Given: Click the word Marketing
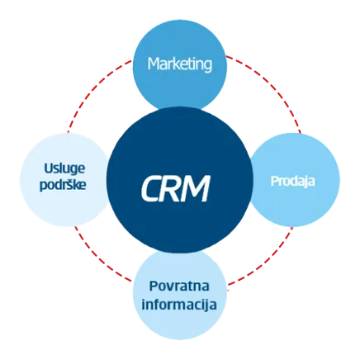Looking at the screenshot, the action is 180,64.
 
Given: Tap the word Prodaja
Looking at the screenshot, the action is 293,181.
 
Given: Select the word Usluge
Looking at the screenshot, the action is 64,168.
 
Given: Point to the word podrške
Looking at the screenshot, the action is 63,184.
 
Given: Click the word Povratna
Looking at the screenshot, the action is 179,287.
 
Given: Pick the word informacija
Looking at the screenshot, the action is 179,305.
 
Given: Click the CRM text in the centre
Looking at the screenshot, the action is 176,189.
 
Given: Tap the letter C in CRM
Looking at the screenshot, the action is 152,189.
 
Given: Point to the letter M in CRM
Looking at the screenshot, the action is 195,189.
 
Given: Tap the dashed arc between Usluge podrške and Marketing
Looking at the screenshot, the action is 92,88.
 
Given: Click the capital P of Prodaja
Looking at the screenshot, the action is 275,181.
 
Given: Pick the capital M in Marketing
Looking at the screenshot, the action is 154,64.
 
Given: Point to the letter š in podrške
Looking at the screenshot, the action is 68,184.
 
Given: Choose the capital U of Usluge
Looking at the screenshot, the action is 49,168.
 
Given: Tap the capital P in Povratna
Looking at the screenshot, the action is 153,286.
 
